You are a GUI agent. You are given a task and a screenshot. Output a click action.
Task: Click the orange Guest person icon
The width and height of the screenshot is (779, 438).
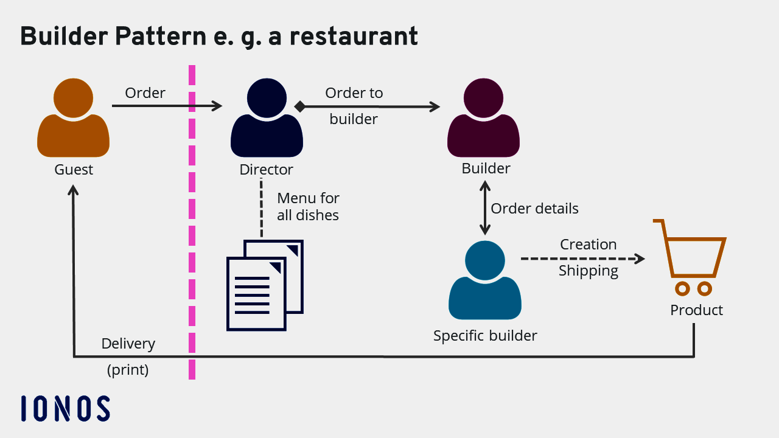(73, 122)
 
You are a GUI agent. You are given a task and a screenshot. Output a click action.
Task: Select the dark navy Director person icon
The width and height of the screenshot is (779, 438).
(267, 122)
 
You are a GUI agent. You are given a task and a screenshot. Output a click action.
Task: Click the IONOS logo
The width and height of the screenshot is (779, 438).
(65, 408)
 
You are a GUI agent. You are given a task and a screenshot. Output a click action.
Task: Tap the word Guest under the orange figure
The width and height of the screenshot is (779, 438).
(74, 170)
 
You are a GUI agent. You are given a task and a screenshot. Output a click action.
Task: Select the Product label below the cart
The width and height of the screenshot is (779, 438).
(696, 310)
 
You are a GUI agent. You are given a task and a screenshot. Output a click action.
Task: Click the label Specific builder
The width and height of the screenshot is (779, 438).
(485, 336)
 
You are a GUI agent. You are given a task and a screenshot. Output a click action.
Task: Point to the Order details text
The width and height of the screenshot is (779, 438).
(534, 209)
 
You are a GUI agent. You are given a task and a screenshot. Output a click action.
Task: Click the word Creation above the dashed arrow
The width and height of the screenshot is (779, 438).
(588, 245)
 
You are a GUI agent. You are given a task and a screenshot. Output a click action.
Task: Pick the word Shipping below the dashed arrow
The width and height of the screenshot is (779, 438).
(588, 271)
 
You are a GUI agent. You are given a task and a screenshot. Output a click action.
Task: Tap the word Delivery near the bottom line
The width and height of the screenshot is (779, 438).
(128, 344)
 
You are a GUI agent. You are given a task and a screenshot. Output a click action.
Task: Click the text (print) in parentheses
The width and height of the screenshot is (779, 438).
(128, 370)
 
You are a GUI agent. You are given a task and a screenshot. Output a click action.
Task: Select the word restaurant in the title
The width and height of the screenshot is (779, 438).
(353, 37)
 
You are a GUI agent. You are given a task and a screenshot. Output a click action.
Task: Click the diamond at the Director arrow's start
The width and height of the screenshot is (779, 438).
(299, 106)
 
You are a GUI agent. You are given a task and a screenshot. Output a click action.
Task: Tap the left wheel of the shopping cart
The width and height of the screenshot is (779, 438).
(682, 288)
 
